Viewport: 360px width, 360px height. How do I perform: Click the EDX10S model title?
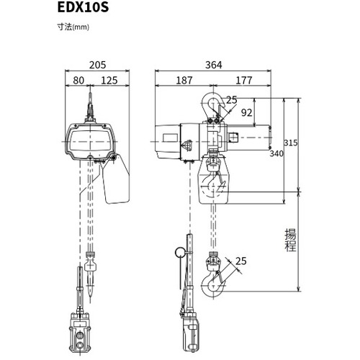pyautogui.click(x=83, y=7)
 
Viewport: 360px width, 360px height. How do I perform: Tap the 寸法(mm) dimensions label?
pyautogui.click(x=73, y=27)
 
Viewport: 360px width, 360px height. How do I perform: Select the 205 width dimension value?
pyautogui.click(x=97, y=65)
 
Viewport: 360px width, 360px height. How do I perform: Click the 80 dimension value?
pyautogui.click(x=78, y=81)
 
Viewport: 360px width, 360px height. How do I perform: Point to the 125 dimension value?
pyautogui.click(x=109, y=81)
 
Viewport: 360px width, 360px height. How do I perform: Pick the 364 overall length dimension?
pyautogui.click(x=214, y=65)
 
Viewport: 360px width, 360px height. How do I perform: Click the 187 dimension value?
pyautogui.click(x=184, y=81)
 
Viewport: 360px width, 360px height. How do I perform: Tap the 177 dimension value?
pyautogui.click(x=244, y=81)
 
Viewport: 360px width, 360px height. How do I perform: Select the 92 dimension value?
pyautogui.click(x=246, y=112)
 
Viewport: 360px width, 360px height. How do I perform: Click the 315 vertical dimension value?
pyautogui.click(x=291, y=143)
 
